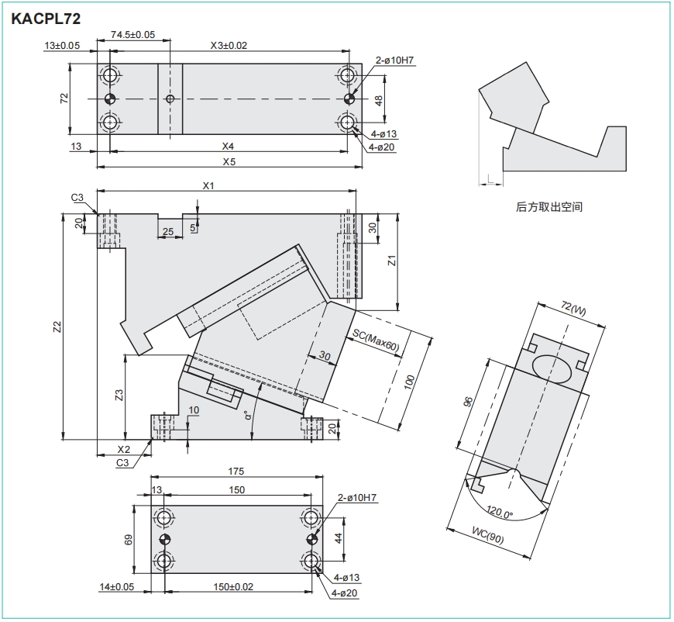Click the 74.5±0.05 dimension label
[132, 34]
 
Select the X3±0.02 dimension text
[229, 46]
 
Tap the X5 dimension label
[229, 162]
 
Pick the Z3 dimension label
[119, 396]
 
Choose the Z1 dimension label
[391, 261]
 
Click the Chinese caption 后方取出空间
[548, 207]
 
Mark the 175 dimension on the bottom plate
[237, 472]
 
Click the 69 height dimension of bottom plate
[129, 540]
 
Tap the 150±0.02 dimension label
[233, 587]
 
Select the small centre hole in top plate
[170, 98]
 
